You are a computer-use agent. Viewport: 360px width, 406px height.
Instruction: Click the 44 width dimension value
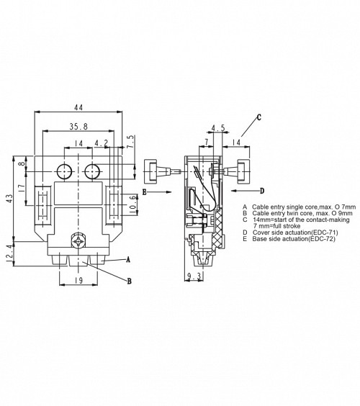[78, 107]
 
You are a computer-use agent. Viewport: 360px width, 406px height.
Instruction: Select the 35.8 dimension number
[78, 127]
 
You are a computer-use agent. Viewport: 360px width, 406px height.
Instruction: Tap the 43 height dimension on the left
[9, 199]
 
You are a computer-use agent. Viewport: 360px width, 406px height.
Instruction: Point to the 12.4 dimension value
[9, 256]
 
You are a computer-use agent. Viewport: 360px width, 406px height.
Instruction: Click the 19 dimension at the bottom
[78, 280]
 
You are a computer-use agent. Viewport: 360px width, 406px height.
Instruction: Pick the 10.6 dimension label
[133, 205]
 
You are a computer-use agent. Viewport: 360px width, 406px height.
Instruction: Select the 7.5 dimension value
[131, 140]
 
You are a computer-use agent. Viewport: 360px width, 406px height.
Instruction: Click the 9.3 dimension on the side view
[194, 276]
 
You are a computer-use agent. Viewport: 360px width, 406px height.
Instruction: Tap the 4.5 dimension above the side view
[218, 128]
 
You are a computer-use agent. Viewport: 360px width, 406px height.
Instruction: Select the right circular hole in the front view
[92, 171]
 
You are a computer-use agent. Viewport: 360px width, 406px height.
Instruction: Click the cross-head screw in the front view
[78, 242]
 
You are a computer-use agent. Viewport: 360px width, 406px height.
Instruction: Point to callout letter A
[127, 259]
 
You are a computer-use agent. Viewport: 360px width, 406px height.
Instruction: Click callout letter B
[129, 281]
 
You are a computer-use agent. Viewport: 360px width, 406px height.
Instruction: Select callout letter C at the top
[259, 117]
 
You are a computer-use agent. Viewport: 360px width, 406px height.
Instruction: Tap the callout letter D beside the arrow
[262, 191]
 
